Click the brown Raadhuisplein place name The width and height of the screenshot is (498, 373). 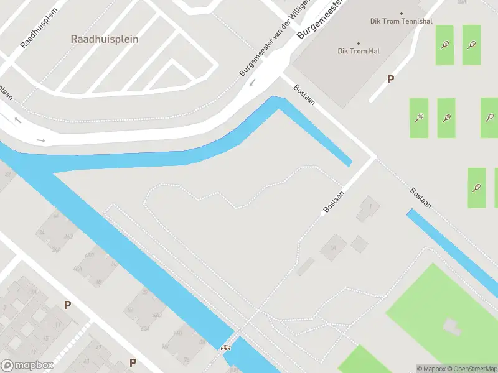[105, 39]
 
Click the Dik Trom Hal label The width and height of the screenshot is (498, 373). [359, 51]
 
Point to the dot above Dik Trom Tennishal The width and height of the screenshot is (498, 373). [402, 14]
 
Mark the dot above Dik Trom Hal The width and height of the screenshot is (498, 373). [359, 42]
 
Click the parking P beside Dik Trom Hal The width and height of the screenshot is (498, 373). [391, 80]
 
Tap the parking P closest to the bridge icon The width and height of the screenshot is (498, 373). [133, 362]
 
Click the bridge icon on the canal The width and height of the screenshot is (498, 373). [225, 348]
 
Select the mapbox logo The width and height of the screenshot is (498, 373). [26, 366]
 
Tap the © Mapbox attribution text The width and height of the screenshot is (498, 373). [431, 369]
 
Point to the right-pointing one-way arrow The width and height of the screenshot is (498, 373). [41, 140]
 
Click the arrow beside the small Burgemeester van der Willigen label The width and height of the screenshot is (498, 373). [252, 83]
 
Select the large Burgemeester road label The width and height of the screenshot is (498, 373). [322, 19]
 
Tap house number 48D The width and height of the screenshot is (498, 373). [89, 255]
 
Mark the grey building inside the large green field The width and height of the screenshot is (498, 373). [450, 326]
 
